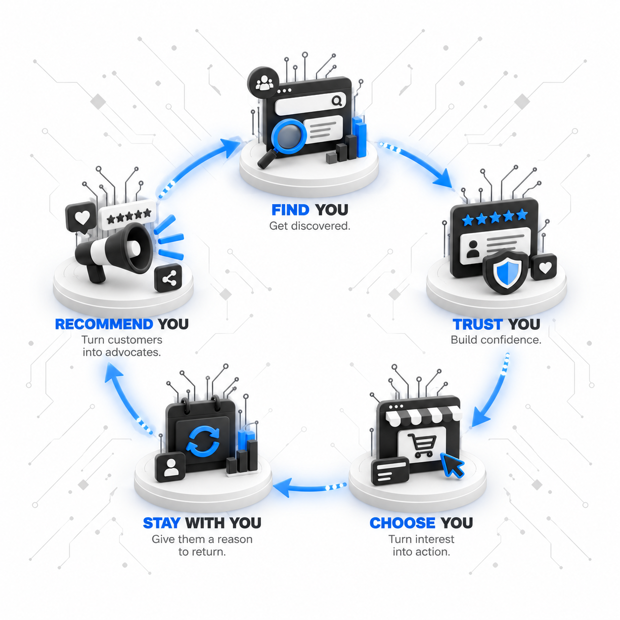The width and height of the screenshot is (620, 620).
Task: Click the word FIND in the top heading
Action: click(x=290, y=210)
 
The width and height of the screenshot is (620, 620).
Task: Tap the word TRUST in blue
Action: click(x=477, y=324)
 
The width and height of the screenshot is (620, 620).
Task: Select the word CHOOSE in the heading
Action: click(x=402, y=523)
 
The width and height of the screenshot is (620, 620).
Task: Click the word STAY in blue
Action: click(x=162, y=523)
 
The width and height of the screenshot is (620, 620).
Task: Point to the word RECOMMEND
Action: click(x=104, y=324)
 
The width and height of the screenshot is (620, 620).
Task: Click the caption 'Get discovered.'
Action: click(x=310, y=226)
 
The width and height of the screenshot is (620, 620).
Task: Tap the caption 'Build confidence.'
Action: click(x=496, y=340)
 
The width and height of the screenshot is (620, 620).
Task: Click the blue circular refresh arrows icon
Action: click(x=203, y=442)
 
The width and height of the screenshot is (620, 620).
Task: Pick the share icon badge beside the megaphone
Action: click(x=169, y=278)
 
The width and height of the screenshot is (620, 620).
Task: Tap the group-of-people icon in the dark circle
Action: click(x=264, y=83)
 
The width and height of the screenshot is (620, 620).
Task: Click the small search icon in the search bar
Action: click(x=337, y=101)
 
